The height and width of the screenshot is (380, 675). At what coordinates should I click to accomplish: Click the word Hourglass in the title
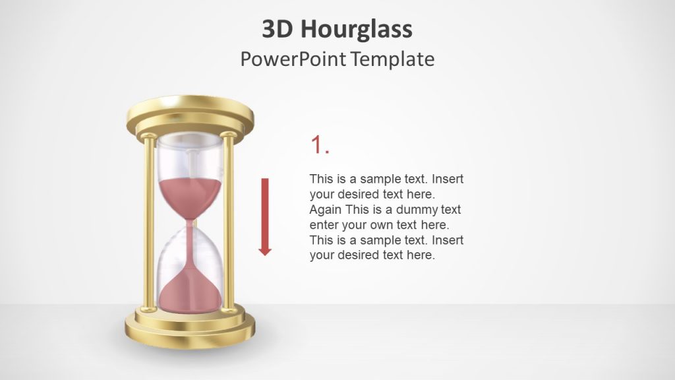click(x=356, y=29)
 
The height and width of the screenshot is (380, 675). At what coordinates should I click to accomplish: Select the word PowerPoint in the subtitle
click(x=293, y=59)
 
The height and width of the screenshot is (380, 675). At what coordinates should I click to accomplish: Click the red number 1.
click(x=319, y=145)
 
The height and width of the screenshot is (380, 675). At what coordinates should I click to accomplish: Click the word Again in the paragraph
click(x=326, y=210)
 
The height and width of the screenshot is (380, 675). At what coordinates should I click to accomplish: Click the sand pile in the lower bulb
click(x=191, y=290)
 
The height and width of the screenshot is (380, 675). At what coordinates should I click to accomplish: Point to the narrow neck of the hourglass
click(x=191, y=223)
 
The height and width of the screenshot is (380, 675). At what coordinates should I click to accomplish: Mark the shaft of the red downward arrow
click(x=265, y=208)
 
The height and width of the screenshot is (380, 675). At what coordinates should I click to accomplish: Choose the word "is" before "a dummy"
click(x=378, y=210)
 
